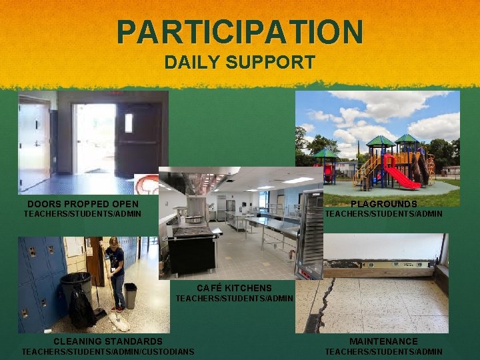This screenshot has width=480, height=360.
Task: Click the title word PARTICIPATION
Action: click(240, 31)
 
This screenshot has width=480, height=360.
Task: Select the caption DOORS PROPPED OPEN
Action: click(83, 204)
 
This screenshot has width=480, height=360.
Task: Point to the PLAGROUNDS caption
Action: click(384, 204)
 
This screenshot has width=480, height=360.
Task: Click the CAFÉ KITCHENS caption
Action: click(234, 288)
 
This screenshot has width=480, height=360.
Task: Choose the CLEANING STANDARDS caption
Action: click(108, 341)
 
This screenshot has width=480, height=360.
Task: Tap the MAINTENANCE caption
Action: click(383, 341)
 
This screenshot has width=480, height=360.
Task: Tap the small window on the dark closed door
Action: click(128, 123)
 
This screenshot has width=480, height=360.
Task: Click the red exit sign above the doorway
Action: click(117, 94)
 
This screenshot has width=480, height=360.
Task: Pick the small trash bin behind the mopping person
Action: click(131, 295)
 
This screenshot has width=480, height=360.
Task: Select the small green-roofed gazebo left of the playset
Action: click(326, 163)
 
